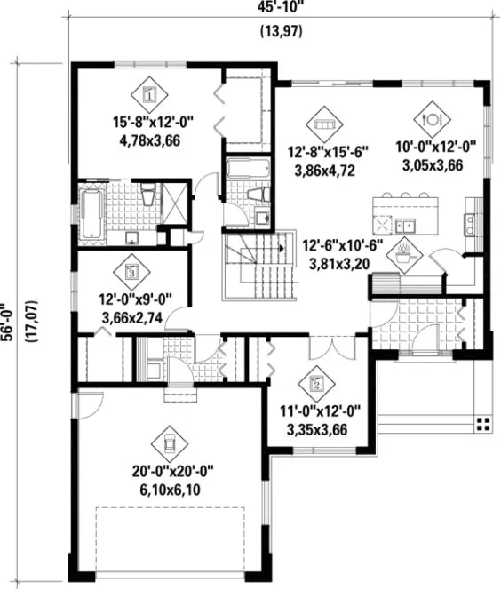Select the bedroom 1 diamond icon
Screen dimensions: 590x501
(x=148, y=92)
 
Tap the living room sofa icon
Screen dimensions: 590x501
(x=322, y=120)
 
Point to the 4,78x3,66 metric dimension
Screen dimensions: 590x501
(x=148, y=140)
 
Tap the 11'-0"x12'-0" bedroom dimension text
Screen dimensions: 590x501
(x=317, y=413)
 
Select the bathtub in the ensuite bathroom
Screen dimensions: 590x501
(x=91, y=214)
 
